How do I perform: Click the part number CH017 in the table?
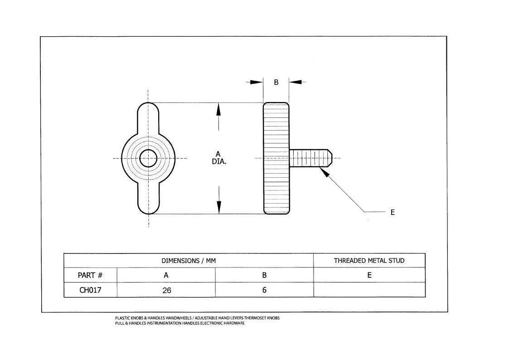[90, 290]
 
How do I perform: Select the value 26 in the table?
[166, 290]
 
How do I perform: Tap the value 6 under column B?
[264, 290]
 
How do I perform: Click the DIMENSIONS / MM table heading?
[189, 261]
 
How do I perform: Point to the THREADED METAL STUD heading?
[369, 260]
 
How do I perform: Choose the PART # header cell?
[90, 275]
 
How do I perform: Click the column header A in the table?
[166, 275]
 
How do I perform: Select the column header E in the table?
[369, 275]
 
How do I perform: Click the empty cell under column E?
[369, 290]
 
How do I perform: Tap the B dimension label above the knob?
[276, 83]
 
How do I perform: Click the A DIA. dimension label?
[219, 158]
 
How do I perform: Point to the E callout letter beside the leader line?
[393, 212]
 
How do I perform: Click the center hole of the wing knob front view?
[148, 158]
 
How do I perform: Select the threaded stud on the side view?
[310, 158]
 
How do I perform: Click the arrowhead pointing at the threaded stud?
[324, 172]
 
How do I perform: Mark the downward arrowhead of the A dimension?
[219, 207]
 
